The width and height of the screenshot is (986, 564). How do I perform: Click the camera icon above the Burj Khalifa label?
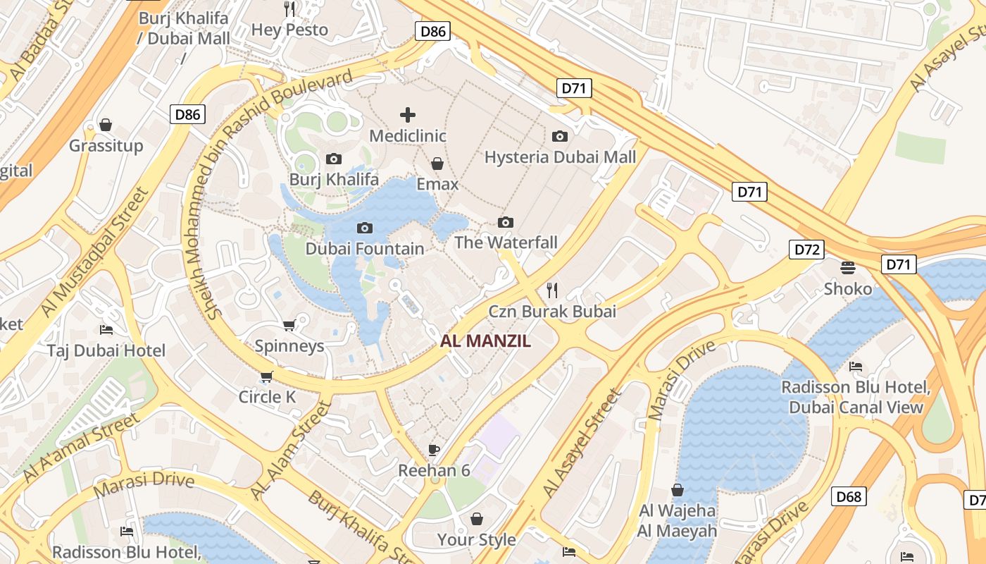coord(334,159)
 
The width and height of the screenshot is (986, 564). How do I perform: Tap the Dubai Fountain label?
coord(365,249)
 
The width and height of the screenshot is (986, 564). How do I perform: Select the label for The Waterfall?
coord(506,243)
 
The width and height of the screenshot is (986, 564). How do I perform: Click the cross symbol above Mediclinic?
coord(408,114)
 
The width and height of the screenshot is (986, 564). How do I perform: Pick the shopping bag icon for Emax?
coord(437,164)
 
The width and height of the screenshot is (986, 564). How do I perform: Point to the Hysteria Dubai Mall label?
coord(560,157)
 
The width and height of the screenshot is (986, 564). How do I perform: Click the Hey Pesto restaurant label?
coord(289,30)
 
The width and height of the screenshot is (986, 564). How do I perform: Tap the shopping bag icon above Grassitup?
coord(106,125)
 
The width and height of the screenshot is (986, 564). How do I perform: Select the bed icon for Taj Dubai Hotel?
coord(106,329)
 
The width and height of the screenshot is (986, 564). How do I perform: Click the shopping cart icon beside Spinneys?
coord(289,325)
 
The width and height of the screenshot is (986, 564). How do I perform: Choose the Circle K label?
coord(267,397)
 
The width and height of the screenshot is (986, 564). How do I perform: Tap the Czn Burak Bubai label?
coord(552,312)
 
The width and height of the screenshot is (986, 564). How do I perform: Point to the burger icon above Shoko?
coord(848,267)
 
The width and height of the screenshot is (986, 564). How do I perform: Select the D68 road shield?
coord(849,496)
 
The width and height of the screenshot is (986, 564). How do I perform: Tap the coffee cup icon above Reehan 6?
coord(434,450)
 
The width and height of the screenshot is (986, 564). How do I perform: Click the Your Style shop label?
coord(477,540)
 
